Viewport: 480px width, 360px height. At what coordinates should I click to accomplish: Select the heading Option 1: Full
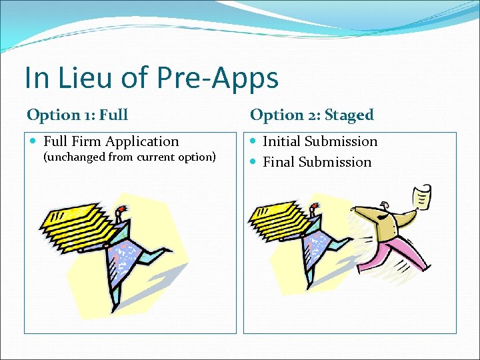point(77,115)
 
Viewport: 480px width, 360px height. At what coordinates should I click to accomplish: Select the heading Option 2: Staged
point(311,115)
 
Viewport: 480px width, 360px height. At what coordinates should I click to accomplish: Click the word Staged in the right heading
point(349,115)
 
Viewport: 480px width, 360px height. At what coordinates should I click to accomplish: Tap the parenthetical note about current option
point(129,157)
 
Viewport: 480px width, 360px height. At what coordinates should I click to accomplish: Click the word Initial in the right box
point(281,141)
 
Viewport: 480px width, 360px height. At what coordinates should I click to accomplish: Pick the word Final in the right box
point(279,162)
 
